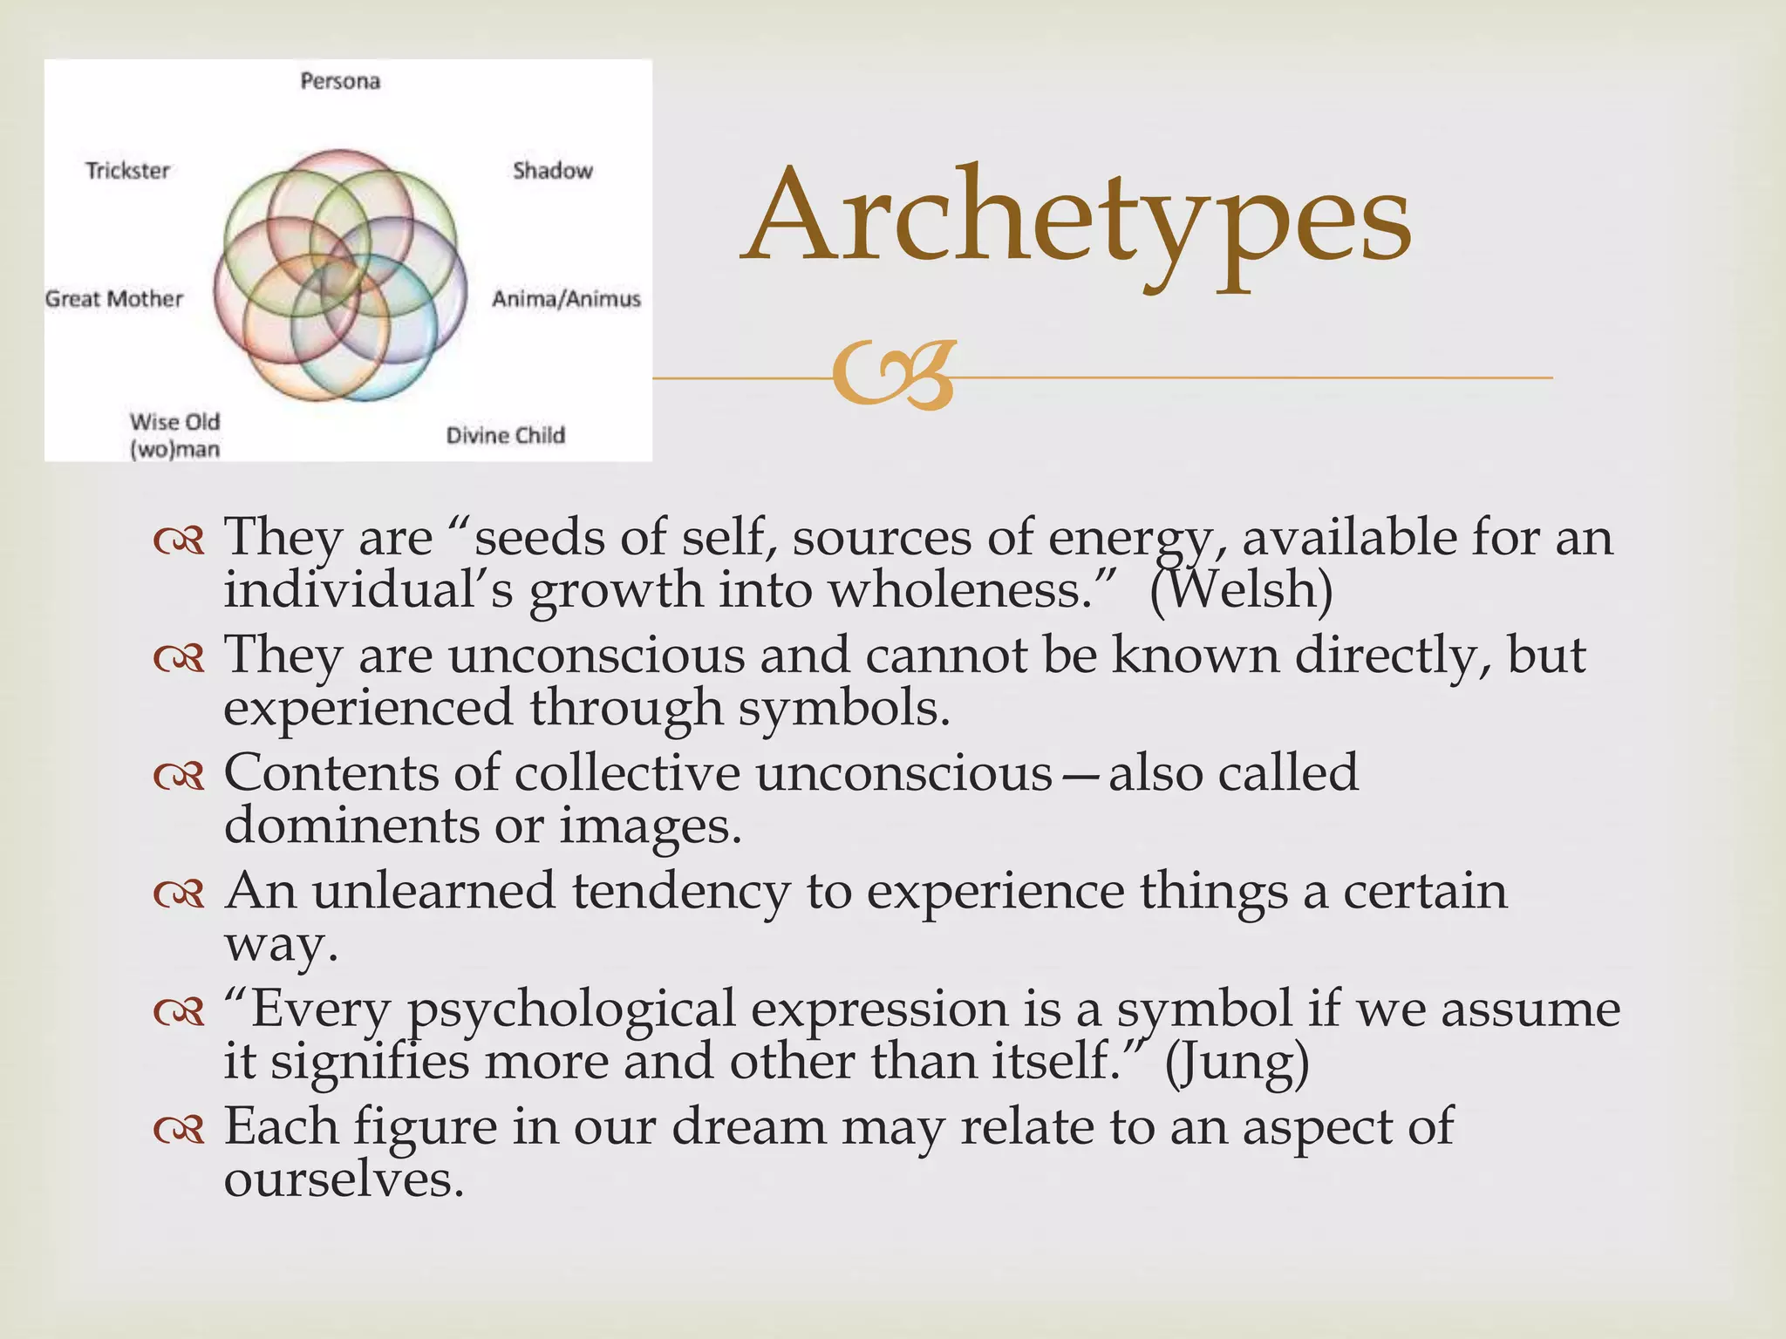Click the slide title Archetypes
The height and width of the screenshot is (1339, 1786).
pos(1077,218)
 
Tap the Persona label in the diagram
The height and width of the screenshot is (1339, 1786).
pos(340,81)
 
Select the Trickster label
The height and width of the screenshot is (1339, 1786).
pos(127,170)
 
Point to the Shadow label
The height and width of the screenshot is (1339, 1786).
pos(553,170)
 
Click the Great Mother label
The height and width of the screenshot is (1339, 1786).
pos(114,299)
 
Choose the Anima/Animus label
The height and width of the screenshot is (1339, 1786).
pos(566,299)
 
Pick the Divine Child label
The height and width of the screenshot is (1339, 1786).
pos(506,435)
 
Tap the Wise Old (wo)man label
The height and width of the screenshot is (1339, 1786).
pos(174,435)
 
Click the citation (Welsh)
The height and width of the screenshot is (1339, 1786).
pos(1241,590)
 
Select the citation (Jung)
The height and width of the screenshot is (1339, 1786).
pos(1237,1063)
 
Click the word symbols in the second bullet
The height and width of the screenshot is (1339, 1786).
pos(843,708)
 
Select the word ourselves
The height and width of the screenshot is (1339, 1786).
pos(344,1179)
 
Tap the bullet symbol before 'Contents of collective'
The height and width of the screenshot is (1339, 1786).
pos(179,775)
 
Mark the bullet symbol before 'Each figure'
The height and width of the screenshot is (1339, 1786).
pos(179,1130)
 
